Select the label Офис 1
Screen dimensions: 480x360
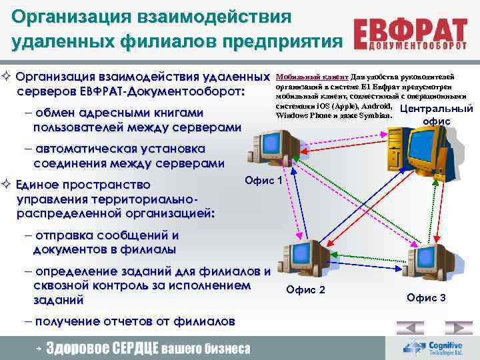264,180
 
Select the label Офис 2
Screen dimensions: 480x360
305,289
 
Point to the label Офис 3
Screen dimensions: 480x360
426,297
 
